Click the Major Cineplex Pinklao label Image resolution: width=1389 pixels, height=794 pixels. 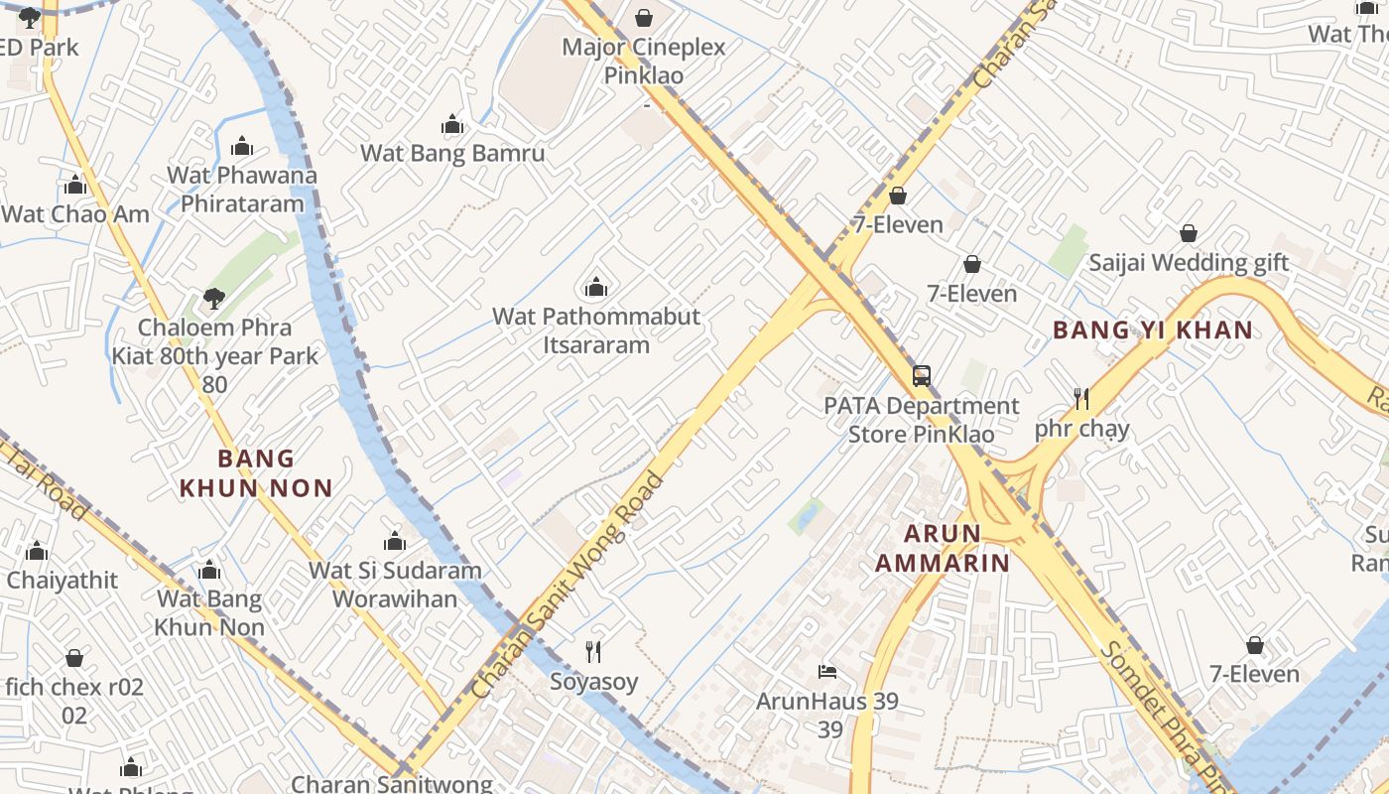[644, 61]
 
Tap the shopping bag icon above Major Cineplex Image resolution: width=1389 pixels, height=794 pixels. [644, 18]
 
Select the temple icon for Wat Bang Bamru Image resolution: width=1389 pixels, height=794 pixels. [452, 125]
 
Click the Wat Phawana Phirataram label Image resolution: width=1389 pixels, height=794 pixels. [242, 190]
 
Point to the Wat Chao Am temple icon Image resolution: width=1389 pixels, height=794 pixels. [75, 186]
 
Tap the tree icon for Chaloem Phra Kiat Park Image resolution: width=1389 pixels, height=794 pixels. [213, 298]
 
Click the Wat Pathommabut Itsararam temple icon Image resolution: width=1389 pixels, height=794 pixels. [596, 288]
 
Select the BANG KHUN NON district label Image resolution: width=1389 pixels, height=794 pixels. [256, 472]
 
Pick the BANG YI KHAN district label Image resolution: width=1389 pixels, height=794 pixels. [1152, 331]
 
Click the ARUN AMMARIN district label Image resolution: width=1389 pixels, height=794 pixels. [942, 548]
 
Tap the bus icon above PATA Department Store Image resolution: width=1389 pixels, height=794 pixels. [922, 376]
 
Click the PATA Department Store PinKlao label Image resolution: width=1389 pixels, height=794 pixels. [922, 420]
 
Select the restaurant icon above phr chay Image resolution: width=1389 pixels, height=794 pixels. [1081, 399]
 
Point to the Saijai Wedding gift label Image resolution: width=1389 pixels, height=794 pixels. [1189, 263]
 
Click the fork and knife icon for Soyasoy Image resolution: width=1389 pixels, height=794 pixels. [593, 652]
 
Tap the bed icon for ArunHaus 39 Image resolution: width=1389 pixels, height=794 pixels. [827, 672]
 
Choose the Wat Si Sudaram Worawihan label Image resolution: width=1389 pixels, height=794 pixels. [395, 585]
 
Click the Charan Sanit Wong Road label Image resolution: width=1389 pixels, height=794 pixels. [568, 586]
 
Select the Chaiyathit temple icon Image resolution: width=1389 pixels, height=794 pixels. [38, 551]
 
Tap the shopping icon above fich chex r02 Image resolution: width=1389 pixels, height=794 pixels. [74, 658]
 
